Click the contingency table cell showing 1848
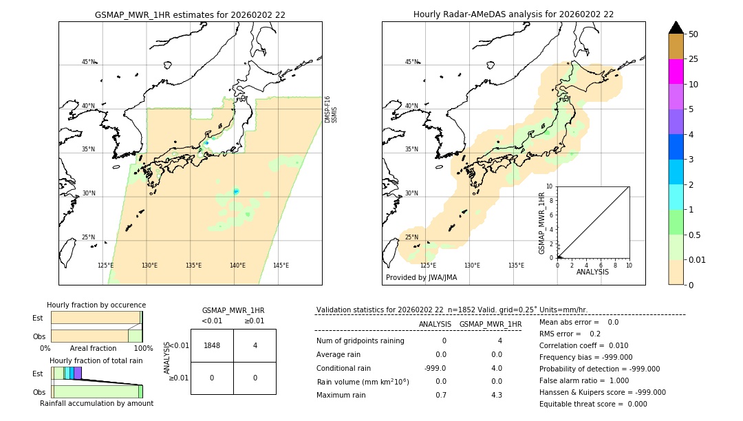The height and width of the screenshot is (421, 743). [x=212, y=345]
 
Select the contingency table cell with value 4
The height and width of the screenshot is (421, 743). [x=255, y=345]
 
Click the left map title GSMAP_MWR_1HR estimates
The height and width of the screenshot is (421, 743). [x=190, y=14]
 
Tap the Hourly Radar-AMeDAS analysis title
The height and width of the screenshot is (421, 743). [x=513, y=14]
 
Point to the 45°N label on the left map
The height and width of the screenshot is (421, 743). [x=89, y=62]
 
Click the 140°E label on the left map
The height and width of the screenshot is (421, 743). [x=237, y=266]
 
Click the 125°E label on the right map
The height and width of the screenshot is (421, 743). [x=428, y=266]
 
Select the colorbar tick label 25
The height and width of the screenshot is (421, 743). [x=693, y=59]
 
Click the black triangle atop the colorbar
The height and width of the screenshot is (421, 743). [x=676, y=28]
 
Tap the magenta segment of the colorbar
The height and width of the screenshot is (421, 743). [x=676, y=72]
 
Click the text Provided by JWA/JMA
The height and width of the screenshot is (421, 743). [x=421, y=277]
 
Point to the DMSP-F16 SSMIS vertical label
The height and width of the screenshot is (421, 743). [x=331, y=109]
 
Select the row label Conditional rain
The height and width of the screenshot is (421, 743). [x=345, y=368]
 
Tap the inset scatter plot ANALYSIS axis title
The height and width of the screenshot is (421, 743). [x=592, y=272]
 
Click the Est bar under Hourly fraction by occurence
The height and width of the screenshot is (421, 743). [x=96, y=318]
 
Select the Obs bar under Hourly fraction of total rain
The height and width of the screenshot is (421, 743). [x=96, y=391]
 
